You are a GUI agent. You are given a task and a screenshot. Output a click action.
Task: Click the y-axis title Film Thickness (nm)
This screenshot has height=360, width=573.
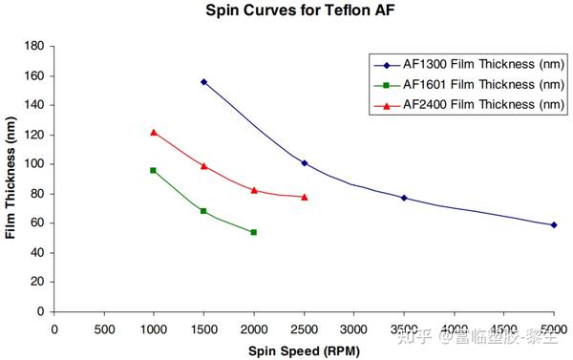point(11,179)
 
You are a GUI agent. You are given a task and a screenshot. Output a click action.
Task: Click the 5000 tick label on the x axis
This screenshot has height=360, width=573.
point(553,329)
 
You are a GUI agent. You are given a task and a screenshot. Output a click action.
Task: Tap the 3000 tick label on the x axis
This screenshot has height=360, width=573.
point(353,329)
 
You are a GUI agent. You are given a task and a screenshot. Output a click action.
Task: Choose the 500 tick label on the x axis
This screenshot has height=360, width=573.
point(104,329)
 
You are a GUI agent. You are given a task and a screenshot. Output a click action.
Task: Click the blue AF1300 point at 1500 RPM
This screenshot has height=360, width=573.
point(203,82)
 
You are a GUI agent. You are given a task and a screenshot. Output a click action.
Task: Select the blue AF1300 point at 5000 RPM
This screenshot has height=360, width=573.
point(553,225)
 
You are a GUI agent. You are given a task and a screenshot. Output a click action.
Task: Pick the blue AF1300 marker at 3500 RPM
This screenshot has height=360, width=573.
point(404,198)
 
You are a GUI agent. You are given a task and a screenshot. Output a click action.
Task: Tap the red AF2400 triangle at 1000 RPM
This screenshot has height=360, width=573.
point(154,132)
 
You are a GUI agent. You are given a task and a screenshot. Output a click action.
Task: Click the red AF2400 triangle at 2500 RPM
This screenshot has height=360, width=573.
point(304,197)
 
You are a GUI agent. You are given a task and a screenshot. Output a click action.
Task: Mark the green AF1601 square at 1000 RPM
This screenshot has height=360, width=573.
point(154,170)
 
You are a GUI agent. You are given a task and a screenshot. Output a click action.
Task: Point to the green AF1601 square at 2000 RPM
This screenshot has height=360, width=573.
point(254,232)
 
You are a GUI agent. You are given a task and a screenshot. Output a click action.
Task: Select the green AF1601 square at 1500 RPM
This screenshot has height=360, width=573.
point(203,211)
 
